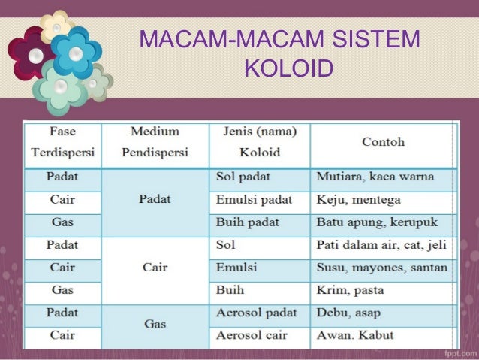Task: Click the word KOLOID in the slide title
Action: click(x=289, y=68)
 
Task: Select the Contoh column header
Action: click(x=383, y=141)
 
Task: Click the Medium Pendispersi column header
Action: click(x=155, y=141)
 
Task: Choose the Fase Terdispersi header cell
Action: click(x=63, y=141)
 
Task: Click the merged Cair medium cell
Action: click(x=155, y=268)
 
